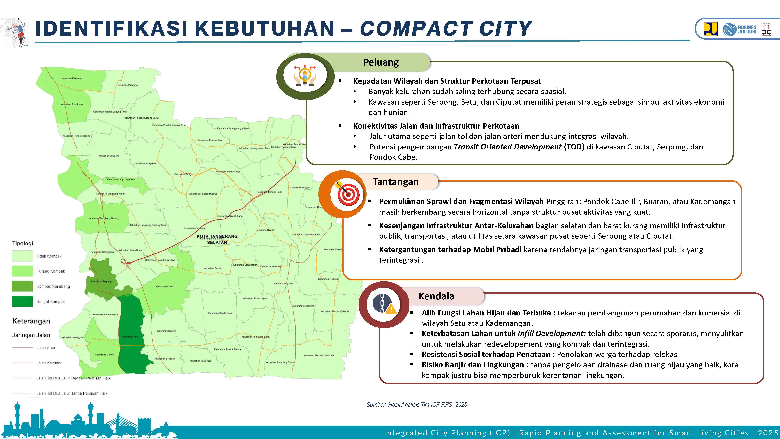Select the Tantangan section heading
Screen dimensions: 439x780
point(395,182)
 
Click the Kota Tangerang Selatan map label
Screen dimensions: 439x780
point(217,239)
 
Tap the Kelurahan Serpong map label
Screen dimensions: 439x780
point(101,282)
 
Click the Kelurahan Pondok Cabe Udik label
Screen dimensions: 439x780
point(319,355)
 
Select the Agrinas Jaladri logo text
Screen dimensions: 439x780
point(747,29)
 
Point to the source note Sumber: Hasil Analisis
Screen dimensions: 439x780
point(417,405)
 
